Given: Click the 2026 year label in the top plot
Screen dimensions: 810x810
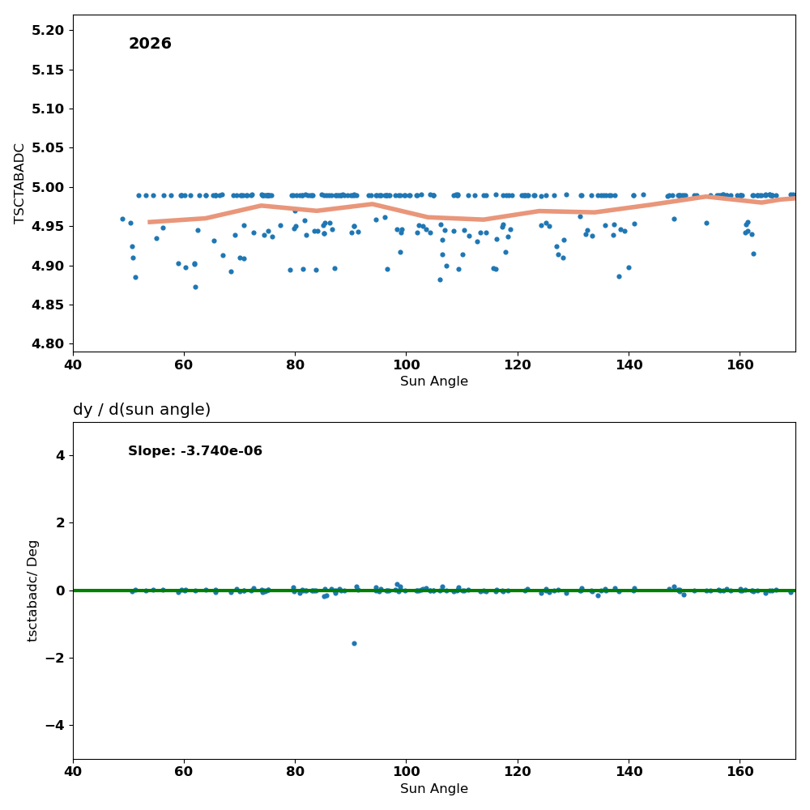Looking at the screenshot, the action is [x=150, y=44].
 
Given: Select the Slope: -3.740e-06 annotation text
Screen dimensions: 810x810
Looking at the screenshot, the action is [x=195, y=451].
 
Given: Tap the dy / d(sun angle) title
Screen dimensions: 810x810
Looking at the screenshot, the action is [x=142, y=410].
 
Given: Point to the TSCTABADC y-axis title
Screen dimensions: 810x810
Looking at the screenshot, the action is [x=19, y=184].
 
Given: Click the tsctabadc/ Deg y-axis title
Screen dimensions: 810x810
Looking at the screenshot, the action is [x=32, y=591].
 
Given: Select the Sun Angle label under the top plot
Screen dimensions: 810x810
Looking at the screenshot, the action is [x=434, y=382].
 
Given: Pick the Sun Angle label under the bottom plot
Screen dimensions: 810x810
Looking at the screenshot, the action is [x=434, y=789].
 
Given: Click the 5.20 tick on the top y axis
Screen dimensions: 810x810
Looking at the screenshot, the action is [x=48, y=31].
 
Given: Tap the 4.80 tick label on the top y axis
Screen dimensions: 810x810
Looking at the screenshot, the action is [x=48, y=344].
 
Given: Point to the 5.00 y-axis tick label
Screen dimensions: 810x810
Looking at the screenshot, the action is [x=48, y=188].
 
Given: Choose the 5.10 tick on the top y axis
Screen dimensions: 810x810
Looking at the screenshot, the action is [x=48, y=109].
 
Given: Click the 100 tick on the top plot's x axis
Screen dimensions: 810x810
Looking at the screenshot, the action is [x=407, y=365].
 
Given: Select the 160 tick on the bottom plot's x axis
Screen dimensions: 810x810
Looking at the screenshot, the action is [x=740, y=772].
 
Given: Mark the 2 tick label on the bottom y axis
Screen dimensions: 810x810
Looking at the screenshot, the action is [x=61, y=522].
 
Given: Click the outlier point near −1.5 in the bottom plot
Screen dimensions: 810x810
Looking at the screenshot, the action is [x=355, y=644].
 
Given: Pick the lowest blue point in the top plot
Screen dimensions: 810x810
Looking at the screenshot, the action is [x=195, y=288].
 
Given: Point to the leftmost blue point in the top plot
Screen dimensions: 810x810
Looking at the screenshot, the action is [x=122, y=219].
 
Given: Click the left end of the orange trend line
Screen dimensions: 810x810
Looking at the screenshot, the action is [x=149, y=222].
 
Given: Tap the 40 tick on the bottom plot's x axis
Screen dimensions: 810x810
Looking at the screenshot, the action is [x=73, y=772].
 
